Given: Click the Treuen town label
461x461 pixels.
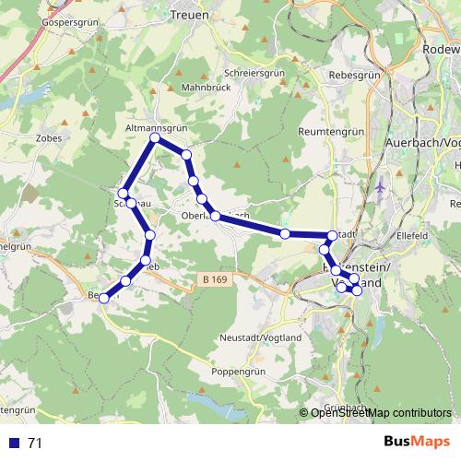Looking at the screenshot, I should pos(190,16).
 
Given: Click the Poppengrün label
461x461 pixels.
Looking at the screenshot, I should pos(238,372).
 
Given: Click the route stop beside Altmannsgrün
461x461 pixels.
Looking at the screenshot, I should pos(155,138).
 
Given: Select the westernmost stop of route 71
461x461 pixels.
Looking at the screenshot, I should pos(105,298).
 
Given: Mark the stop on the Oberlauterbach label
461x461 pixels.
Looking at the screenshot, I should pos(216,216).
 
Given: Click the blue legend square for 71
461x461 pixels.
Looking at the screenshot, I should pos(13,443).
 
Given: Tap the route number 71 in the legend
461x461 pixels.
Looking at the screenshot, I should pos(35,443).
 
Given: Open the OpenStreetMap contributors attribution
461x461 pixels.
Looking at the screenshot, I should pos(381,413).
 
